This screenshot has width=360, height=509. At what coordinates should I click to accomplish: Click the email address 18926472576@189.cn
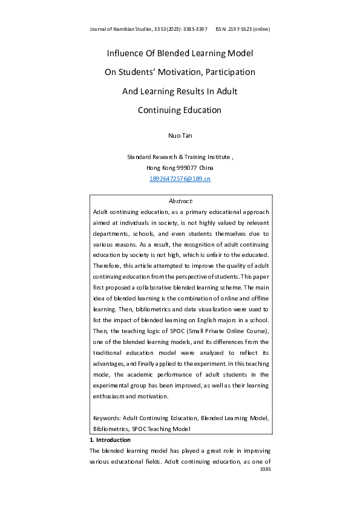pos(180,179)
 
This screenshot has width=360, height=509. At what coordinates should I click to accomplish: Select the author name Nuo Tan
pos(180,137)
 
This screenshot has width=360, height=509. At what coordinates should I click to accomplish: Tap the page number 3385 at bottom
pos(264,468)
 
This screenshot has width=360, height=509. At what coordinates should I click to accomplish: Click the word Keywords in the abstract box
pos(106,418)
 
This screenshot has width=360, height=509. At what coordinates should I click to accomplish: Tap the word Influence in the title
pos(126,53)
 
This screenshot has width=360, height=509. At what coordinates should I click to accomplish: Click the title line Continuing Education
pos(180,110)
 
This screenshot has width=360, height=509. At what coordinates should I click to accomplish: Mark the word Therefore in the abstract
pos(108,265)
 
